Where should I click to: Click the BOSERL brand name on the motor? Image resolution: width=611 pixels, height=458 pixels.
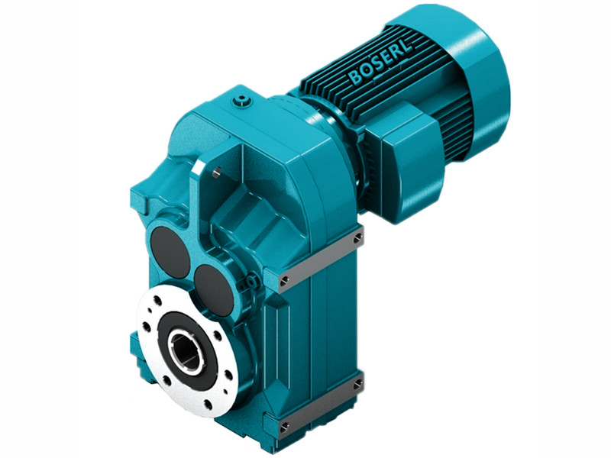379,62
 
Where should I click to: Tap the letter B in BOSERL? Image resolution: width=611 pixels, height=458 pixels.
353,76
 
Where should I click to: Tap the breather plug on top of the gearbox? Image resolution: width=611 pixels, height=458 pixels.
242,98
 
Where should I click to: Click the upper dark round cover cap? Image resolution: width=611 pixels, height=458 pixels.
170,251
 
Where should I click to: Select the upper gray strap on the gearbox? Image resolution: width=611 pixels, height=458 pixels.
321,260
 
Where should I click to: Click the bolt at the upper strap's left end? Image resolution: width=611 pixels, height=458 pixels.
285,282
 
